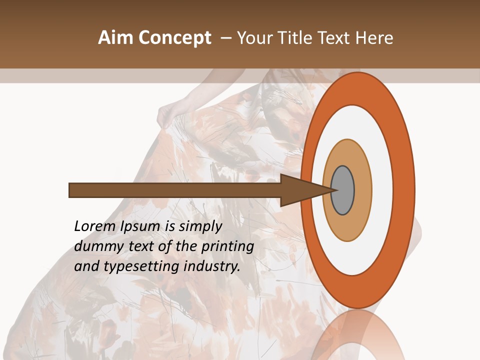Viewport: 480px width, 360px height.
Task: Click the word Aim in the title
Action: pos(116,38)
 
